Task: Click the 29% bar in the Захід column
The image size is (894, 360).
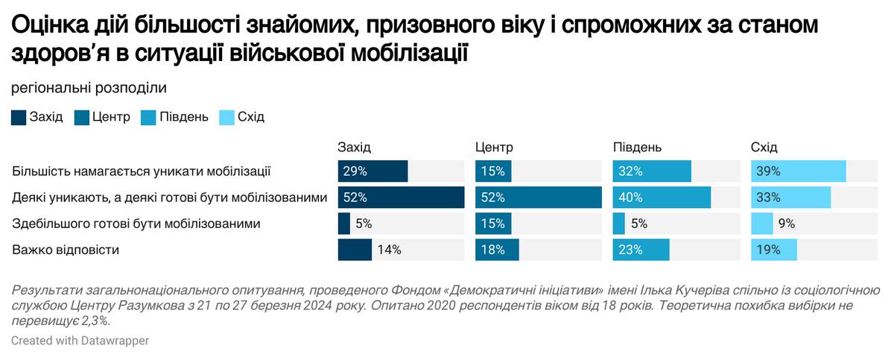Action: (372, 171)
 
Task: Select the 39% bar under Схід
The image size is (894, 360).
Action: (798, 171)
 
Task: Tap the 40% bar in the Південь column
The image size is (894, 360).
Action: (662, 198)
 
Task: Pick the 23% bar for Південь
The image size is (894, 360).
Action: (641, 250)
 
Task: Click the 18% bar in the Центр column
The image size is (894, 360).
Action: (497, 250)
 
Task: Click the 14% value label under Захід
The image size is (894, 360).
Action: (389, 250)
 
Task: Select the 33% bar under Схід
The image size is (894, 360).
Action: (790, 198)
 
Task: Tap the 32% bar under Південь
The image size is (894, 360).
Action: (652, 171)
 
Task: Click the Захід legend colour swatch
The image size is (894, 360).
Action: (19, 117)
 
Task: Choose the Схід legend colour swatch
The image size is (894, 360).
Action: (226, 117)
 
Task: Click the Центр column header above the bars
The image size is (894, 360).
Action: (494, 147)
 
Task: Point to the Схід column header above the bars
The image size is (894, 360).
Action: (764, 147)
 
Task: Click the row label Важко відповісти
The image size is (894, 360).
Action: (66, 250)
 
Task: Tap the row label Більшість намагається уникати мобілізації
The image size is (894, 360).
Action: (141, 171)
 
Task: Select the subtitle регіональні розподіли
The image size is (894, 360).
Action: (89, 87)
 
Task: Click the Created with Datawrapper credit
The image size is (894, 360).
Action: (80, 340)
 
